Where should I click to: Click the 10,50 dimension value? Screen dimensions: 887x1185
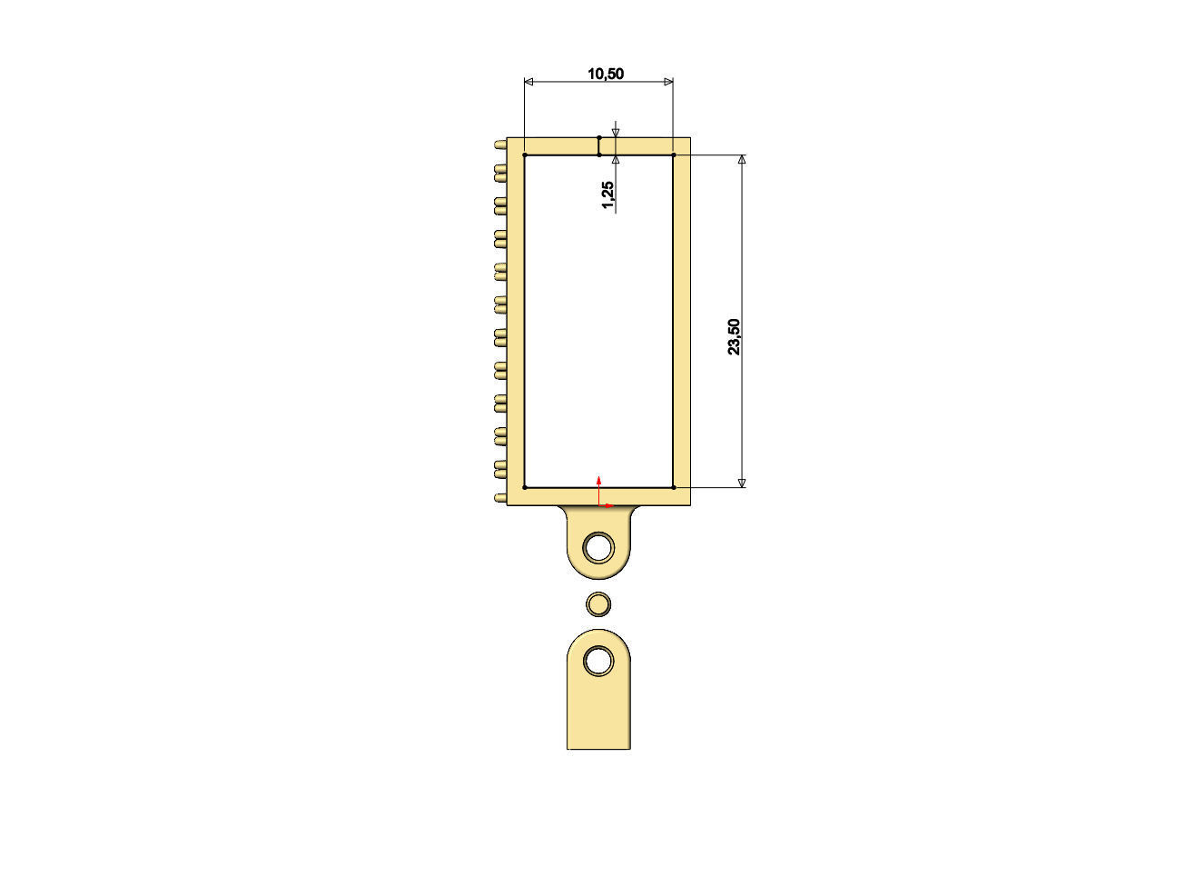(x=606, y=74)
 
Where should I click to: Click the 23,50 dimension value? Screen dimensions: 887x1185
(x=735, y=336)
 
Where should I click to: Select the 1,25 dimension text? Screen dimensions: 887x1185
(x=607, y=194)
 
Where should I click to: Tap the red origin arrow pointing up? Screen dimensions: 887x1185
(x=598, y=480)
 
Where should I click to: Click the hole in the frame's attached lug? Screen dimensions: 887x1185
(x=598, y=547)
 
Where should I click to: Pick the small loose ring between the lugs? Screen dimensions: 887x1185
(x=598, y=603)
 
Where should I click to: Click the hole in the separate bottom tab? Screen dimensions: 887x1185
(x=598, y=661)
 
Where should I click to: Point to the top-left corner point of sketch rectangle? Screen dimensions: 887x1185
(x=525, y=155)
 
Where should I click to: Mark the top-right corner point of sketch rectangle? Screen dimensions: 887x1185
(x=673, y=155)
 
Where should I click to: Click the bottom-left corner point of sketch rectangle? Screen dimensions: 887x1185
(x=525, y=488)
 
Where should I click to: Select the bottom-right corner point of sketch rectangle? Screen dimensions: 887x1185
(x=673, y=488)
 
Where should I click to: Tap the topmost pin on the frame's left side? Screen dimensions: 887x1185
(x=499, y=145)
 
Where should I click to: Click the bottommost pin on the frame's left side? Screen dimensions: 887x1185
(x=499, y=498)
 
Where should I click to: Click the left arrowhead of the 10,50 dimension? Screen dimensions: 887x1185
(x=529, y=82)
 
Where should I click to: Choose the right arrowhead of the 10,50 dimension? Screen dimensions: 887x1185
(x=668, y=82)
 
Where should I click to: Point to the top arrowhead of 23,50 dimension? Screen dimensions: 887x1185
(x=742, y=160)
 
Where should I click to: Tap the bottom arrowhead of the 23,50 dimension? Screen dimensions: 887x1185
(x=742, y=483)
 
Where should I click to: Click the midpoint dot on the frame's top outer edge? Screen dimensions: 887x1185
(x=598, y=138)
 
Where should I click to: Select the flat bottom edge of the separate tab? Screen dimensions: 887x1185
(x=598, y=749)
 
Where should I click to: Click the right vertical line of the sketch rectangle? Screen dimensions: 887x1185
(x=673, y=318)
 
